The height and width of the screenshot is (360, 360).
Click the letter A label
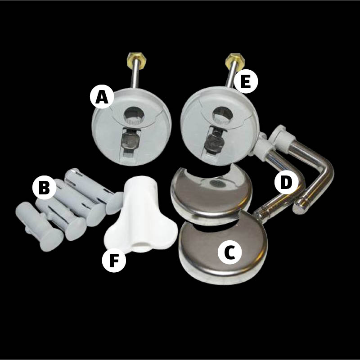(102, 97)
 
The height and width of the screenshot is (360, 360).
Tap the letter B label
(44, 187)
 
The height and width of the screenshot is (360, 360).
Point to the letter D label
(286, 182)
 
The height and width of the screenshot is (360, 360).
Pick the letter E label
(246, 81)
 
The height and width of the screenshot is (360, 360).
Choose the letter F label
(114, 261)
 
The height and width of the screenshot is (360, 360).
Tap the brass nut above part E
(234, 59)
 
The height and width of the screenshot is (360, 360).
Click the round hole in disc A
(134, 115)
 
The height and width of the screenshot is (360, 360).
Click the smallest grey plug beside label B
(39, 226)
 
